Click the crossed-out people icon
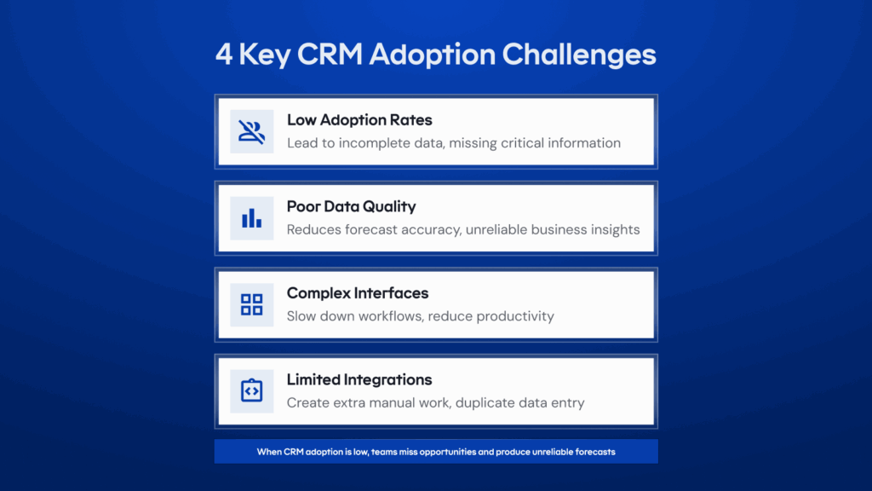coord(251,131)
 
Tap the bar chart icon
coord(251,218)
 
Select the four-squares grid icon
coord(251,304)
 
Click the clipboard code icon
coord(251,390)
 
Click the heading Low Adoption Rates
coord(359,120)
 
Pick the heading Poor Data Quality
coord(351,206)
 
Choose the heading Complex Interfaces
coord(358,293)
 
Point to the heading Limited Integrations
coord(359,379)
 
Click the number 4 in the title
coord(223,55)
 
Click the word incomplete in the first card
coord(376,143)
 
